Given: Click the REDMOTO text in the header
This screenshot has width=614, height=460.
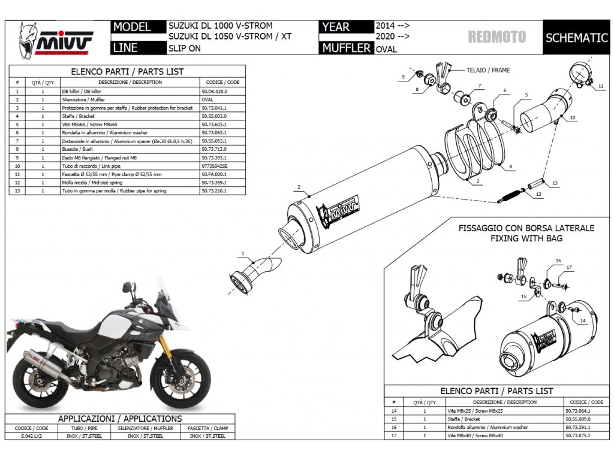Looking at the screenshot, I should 496,37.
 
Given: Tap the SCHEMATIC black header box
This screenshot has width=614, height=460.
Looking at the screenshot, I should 576,38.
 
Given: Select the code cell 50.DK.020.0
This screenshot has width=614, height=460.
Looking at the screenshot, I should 214,90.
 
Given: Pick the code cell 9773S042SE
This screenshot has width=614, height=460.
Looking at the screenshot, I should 214,165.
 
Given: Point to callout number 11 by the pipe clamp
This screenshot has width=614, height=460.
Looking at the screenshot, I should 600,87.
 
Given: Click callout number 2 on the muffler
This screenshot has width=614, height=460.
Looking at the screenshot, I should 298,187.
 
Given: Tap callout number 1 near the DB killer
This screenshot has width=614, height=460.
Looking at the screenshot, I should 243,255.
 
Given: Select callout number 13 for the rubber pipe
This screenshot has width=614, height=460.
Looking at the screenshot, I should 555,183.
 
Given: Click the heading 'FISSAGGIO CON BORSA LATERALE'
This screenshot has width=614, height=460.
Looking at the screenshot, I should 526,228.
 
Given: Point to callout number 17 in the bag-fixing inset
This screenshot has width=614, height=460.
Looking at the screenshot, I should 569,268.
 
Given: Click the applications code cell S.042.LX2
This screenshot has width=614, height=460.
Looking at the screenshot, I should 32,436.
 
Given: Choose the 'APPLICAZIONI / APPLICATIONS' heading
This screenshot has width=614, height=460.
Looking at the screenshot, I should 119,419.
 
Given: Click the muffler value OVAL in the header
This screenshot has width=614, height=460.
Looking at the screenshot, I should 386,49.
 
